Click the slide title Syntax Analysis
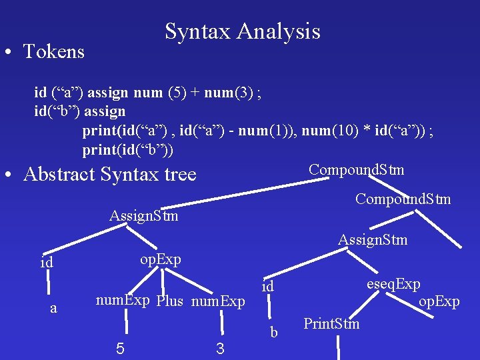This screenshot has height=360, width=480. tap(243, 31)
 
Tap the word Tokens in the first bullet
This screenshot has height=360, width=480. tap(54, 51)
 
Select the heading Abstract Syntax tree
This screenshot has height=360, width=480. tap(110, 175)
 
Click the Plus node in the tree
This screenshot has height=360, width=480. tap(170, 301)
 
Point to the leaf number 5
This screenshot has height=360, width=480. tap(119, 347)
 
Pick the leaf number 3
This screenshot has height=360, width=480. tap(220, 347)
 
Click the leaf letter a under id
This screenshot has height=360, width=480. tap(54, 308)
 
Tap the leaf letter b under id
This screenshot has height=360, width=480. tap(273, 332)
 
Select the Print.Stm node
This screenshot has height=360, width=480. tap(331, 324)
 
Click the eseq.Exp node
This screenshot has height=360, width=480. tap(393, 284)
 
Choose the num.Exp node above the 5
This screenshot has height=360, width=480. tap(123, 300)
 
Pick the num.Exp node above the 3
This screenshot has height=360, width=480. tap(219, 302)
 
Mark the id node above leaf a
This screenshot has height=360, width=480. tap(47, 263)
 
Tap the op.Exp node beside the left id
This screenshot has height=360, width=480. tap(160, 259)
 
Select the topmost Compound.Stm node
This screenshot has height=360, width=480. tap(356, 169)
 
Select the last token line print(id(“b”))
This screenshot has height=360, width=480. tap(128, 150)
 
